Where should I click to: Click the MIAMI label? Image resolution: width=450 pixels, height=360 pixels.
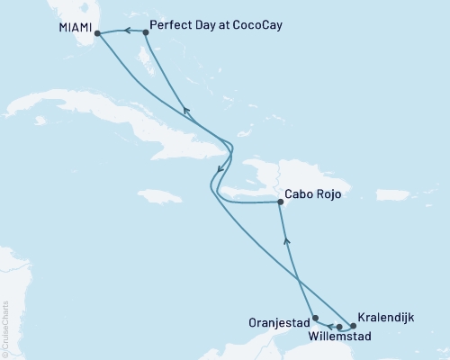73,26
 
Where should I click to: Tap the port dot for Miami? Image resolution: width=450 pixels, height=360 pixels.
97,34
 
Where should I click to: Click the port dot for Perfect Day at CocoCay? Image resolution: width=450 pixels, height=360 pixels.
146,32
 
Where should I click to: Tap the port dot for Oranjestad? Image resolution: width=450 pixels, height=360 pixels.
313,318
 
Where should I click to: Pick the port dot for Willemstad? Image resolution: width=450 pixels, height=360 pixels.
339,327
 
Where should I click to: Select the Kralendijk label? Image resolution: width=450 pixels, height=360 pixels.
388,318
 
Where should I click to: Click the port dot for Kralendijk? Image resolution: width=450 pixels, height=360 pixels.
353,325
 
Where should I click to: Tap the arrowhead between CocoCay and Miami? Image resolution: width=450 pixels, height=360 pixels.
127,31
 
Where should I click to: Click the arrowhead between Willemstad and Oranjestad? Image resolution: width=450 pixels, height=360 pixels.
328,326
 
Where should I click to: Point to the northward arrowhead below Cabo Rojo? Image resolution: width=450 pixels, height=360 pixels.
286,239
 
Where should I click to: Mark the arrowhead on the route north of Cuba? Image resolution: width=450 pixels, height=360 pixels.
185,111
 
